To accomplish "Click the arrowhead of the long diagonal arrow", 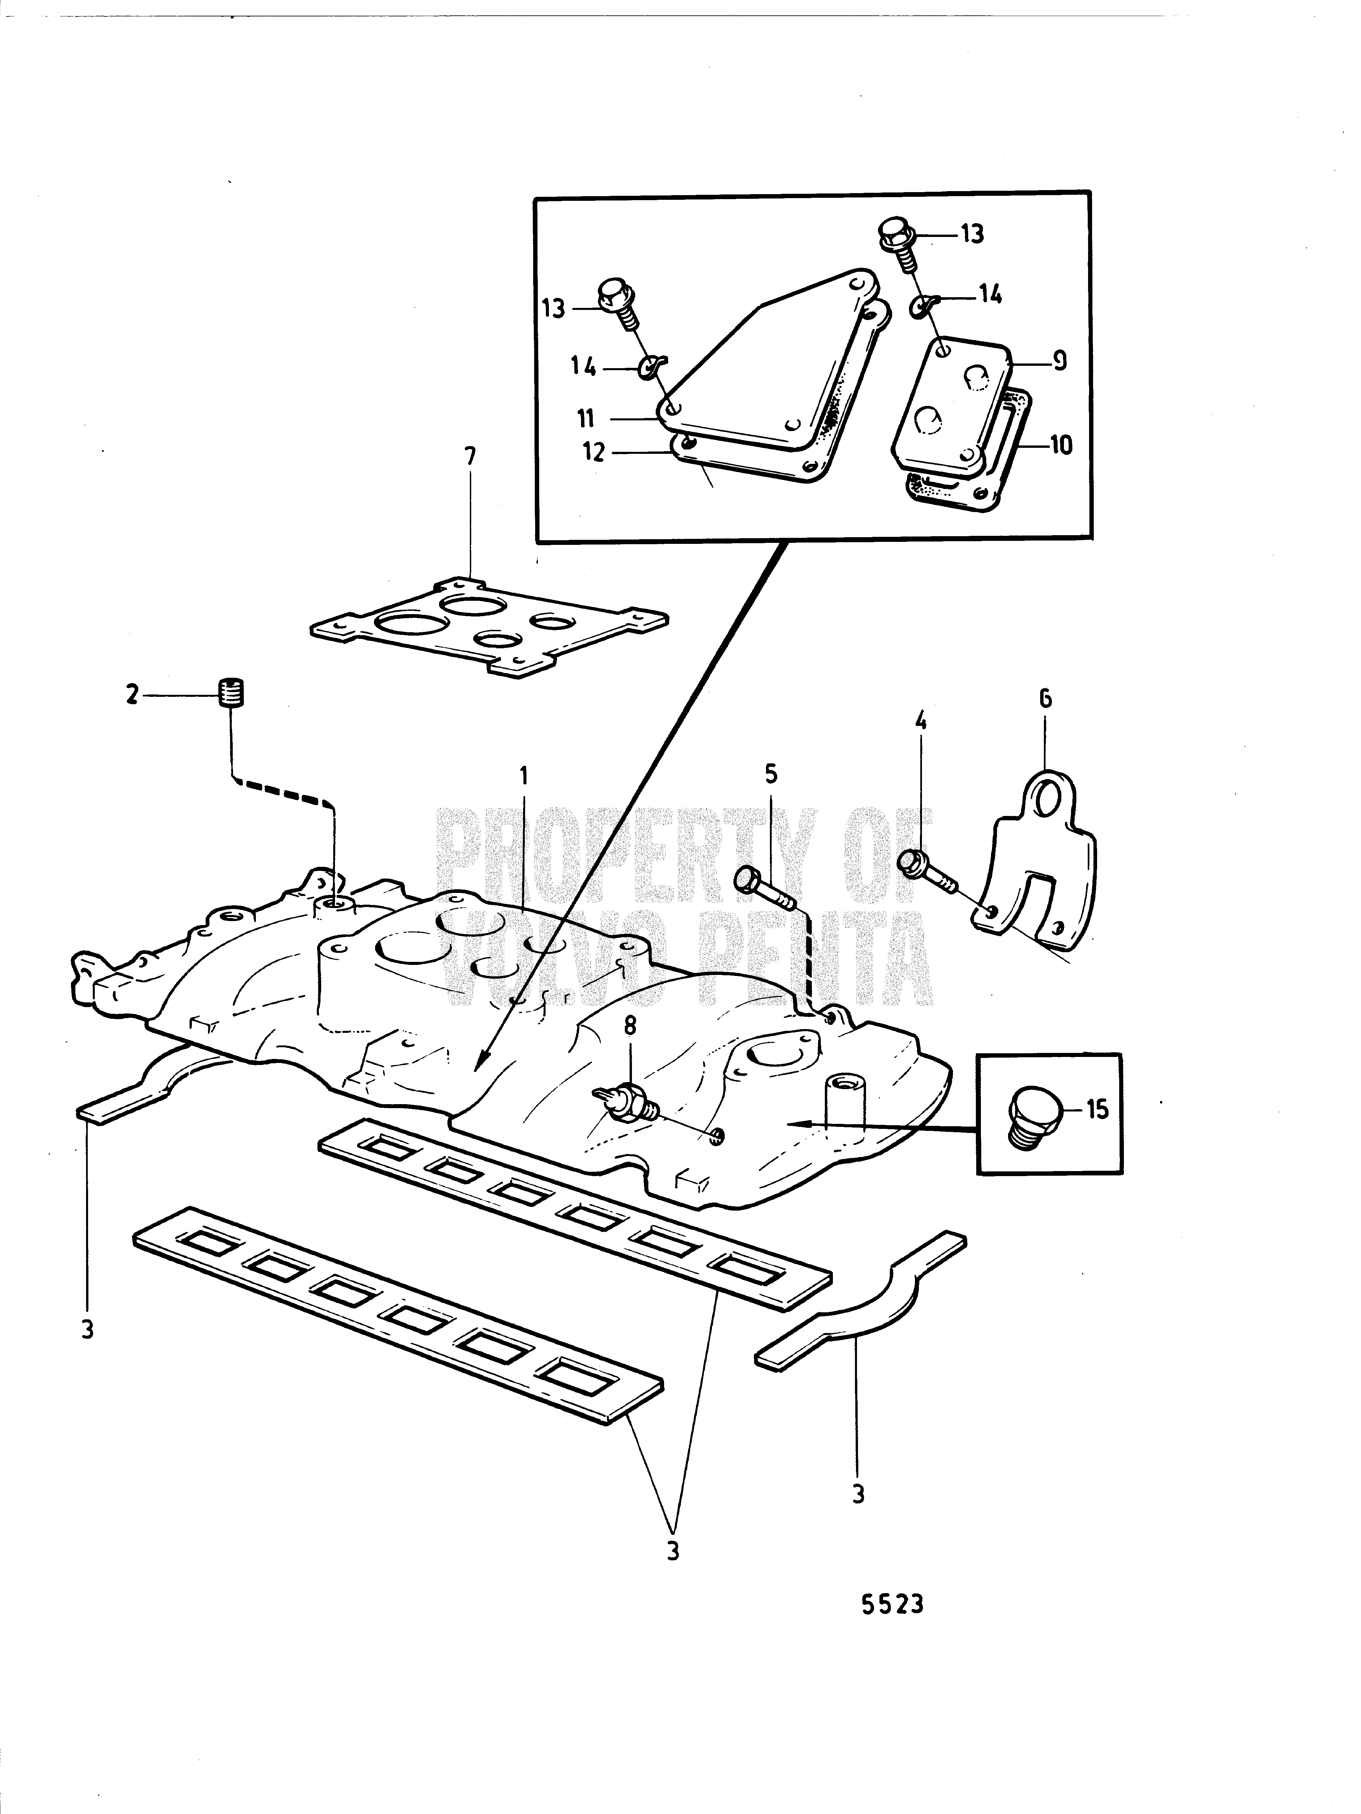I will tap(481, 1068).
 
